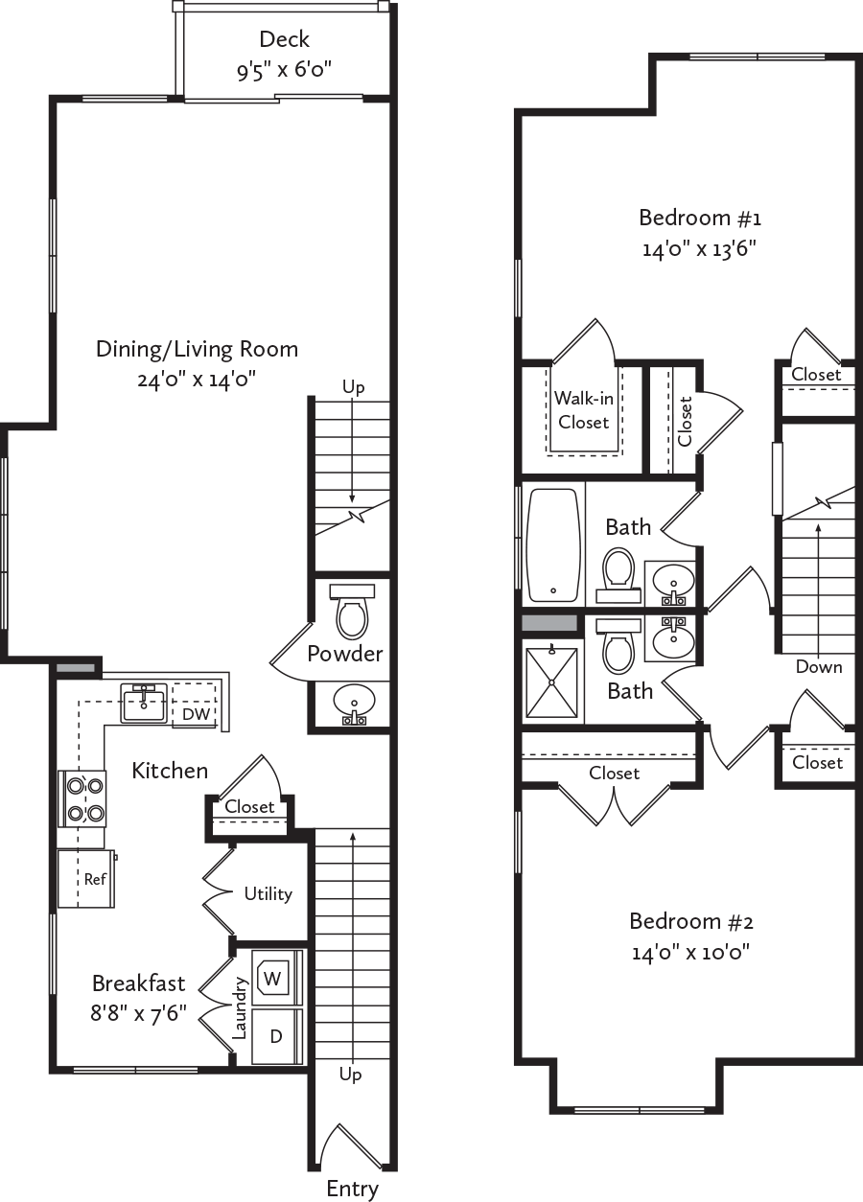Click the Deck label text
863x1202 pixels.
(285, 39)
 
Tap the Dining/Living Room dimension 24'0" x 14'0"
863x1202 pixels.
(198, 380)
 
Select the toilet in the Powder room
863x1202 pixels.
(352, 613)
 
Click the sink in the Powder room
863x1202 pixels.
(353, 704)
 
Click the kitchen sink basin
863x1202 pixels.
(144, 703)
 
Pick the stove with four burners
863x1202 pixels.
(83, 798)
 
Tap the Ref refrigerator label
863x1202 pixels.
(95, 879)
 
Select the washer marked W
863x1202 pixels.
(273, 979)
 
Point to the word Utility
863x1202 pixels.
(268, 893)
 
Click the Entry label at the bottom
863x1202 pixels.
(352, 1189)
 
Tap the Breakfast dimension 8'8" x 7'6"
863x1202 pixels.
(138, 1013)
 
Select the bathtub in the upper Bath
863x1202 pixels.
(553, 544)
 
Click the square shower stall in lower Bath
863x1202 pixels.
(552, 682)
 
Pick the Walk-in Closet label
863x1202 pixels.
(584, 409)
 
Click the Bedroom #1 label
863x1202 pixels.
(700, 217)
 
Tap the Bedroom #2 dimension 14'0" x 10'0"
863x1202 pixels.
(690, 953)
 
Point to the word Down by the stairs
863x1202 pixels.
(819, 667)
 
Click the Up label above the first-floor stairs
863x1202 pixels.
(352, 386)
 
